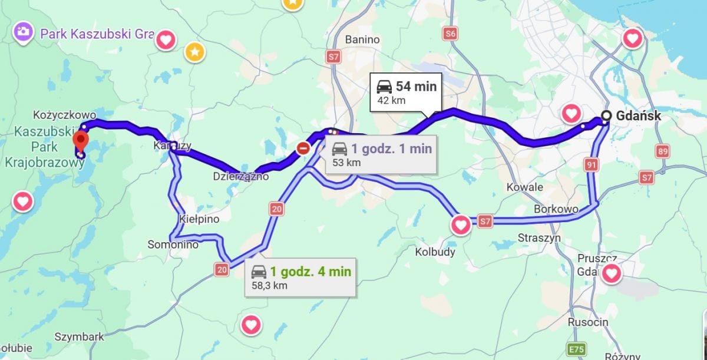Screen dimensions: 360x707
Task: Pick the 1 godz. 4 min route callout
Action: pyautogui.click(x=300, y=277)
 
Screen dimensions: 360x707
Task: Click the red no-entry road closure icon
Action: pyautogui.click(x=303, y=148)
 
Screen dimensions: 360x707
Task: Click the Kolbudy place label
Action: pyautogui.click(x=435, y=252)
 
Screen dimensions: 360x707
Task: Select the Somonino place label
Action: pyautogui.click(x=173, y=245)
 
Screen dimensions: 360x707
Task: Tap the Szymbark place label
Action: pyautogui.click(x=79, y=337)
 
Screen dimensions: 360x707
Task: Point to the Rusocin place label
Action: pyautogui.click(x=587, y=322)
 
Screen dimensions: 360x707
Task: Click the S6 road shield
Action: pyautogui.click(x=451, y=34)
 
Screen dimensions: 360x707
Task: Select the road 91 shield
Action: pyautogui.click(x=592, y=165)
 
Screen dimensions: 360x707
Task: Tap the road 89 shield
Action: pyautogui.click(x=663, y=151)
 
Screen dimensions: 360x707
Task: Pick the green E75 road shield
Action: pyautogui.click(x=575, y=349)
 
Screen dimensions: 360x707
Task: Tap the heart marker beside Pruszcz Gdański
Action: pyautogui.click(x=612, y=273)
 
